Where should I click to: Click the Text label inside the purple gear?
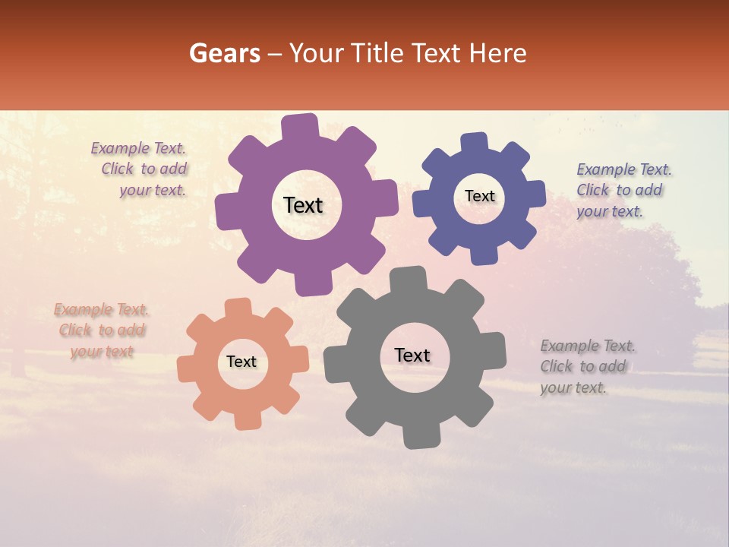[x=303, y=205]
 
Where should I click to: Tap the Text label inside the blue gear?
[x=479, y=196]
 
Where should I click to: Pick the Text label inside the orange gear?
[x=241, y=362]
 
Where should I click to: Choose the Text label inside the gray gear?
[x=412, y=356]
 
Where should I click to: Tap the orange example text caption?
[x=101, y=330]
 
